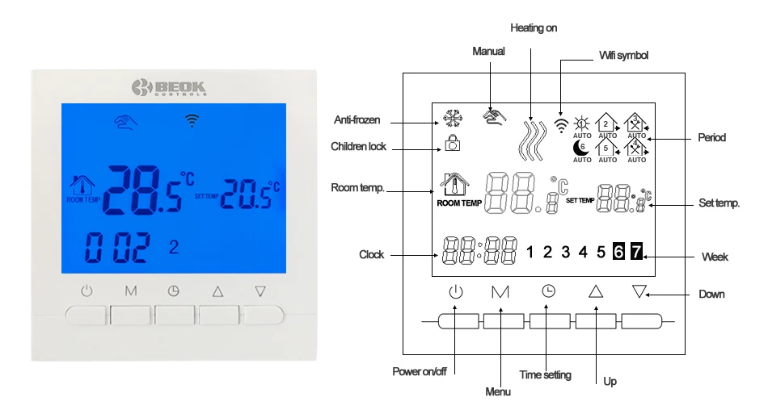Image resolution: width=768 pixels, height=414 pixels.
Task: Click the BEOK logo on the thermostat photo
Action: (x=169, y=88)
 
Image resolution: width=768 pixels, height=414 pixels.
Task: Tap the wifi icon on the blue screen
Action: (x=192, y=120)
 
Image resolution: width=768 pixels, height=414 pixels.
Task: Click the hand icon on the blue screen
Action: (x=125, y=121)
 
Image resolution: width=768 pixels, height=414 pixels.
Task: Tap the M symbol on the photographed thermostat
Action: (x=131, y=291)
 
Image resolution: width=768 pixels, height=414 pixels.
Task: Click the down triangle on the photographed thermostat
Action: (x=260, y=291)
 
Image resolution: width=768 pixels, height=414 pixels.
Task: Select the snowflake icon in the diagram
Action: (x=452, y=119)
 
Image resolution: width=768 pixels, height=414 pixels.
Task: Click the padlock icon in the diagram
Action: (x=452, y=143)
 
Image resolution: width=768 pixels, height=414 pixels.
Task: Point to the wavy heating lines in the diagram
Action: (x=532, y=140)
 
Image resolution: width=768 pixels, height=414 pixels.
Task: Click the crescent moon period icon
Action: (x=581, y=148)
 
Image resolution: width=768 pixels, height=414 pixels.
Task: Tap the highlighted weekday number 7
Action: (x=635, y=251)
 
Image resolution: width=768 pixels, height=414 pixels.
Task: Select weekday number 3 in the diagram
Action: (x=565, y=252)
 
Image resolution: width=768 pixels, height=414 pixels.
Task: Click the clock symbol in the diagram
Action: (x=549, y=291)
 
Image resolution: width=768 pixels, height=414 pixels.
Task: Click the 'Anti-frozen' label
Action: (x=357, y=119)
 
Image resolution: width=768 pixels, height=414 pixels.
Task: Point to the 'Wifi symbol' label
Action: (x=623, y=55)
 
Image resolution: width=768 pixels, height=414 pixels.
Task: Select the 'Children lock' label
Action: (x=358, y=147)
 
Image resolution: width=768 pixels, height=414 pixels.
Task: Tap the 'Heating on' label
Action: (x=534, y=28)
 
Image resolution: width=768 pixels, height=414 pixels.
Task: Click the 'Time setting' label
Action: (x=545, y=375)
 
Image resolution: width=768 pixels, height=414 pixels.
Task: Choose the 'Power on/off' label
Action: (x=420, y=371)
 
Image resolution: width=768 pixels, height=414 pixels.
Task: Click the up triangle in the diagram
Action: (x=596, y=291)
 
